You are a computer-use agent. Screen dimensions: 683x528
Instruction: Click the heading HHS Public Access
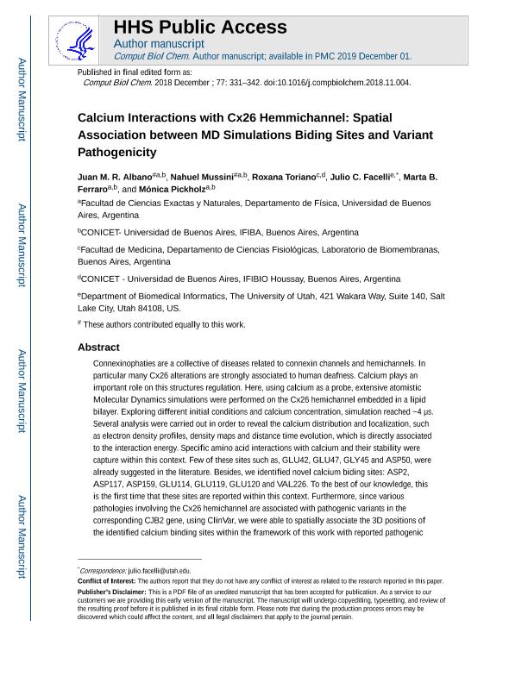click(x=199, y=27)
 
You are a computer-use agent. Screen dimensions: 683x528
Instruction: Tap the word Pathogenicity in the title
click(x=117, y=153)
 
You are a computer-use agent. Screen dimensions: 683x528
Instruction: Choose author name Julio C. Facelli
click(x=359, y=177)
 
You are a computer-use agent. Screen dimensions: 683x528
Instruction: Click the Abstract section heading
click(x=98, y=347)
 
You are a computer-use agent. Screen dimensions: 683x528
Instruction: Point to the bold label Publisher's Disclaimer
click(x=113, y=592)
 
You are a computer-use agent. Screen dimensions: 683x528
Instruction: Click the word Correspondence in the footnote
click(x=102, y=571)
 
